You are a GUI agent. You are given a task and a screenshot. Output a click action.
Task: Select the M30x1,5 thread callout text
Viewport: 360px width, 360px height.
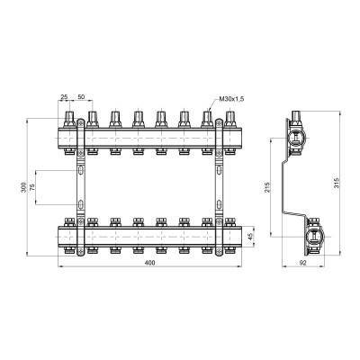coord(234,99)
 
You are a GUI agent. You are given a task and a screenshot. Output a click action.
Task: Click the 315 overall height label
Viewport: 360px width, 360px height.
coord(334,185)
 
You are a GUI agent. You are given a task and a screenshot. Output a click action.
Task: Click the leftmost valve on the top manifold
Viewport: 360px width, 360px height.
coord(70,119)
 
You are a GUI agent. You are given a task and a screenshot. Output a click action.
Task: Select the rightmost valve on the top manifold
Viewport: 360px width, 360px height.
coord(230,119)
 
